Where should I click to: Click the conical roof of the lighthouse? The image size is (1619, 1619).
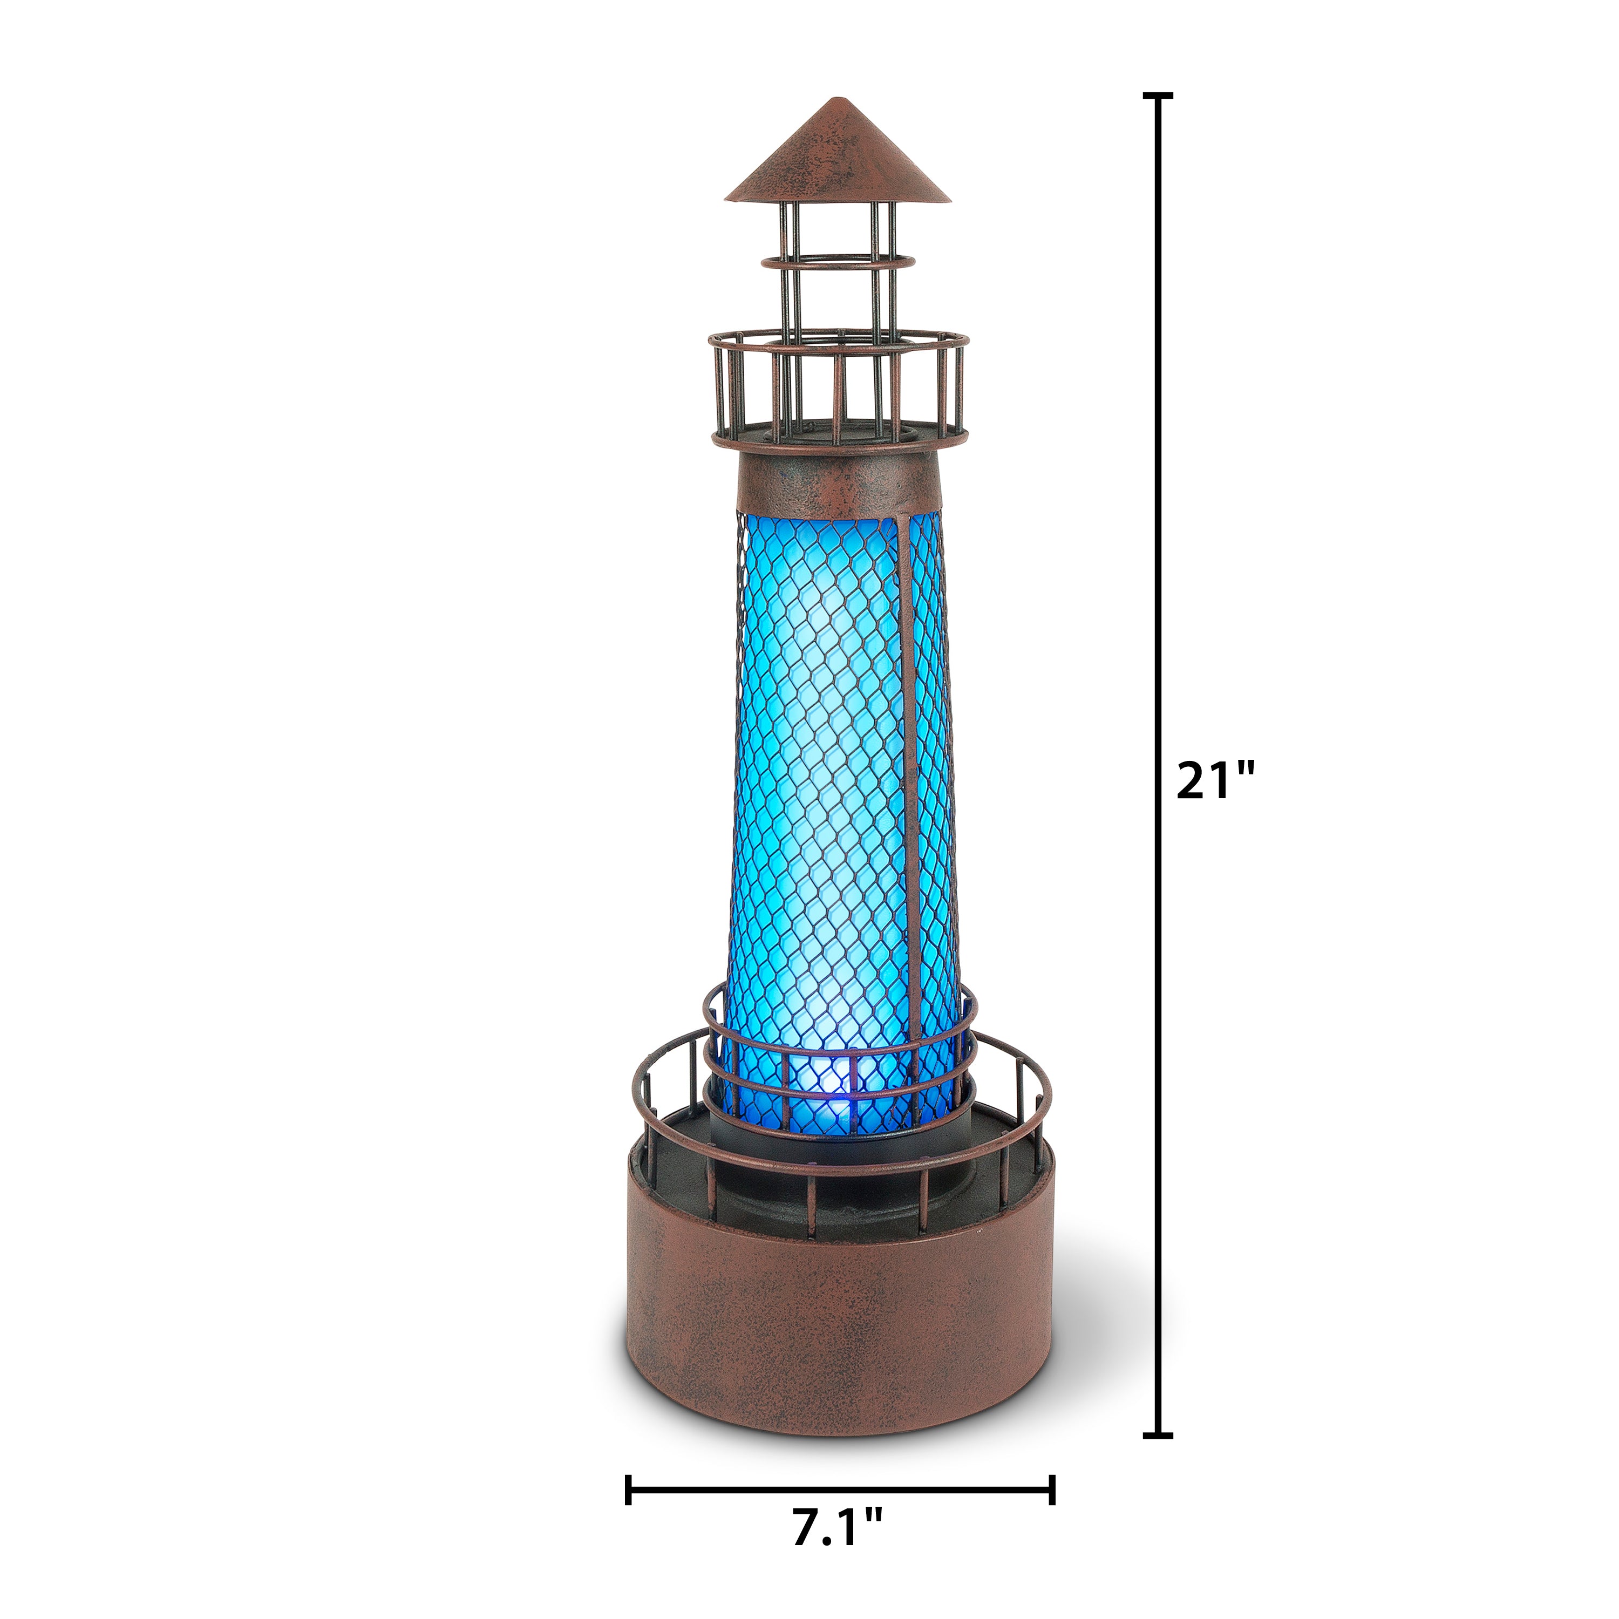pos(838,152)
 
